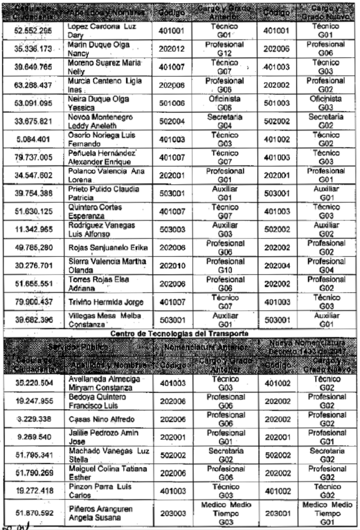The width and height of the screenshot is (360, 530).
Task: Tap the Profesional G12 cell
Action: [224, 49]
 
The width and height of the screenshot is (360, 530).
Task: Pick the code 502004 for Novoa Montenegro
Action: [172, 121]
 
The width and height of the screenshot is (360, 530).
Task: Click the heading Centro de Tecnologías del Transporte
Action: [180, 333]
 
